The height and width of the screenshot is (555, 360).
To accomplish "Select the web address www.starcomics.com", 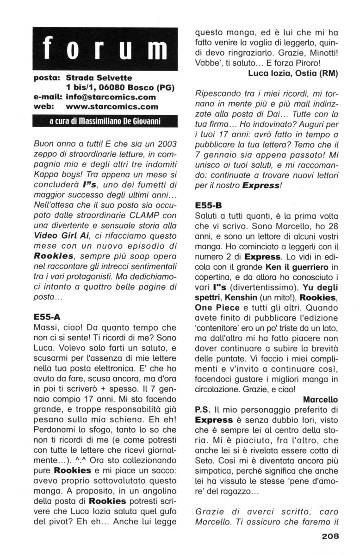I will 112,107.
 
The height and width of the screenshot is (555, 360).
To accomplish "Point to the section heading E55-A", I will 47,318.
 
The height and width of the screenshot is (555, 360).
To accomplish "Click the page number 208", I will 329,536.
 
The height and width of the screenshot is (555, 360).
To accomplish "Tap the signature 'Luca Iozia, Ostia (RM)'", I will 292,73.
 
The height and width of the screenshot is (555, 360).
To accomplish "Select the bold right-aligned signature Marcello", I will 320,399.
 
